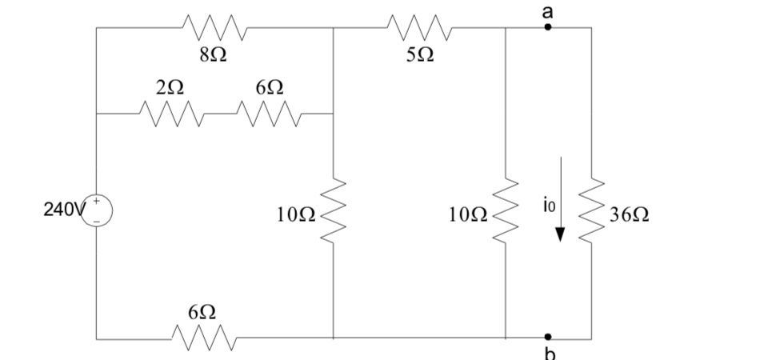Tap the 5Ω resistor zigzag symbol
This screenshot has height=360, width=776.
click(x=420, y=28)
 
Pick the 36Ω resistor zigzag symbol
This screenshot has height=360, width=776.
click(x=592, y=213)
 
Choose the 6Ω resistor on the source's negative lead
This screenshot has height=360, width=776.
click(x=202, y=338)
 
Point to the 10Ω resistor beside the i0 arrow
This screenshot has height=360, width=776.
click(x=506, y=213)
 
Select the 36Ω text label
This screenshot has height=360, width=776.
click(x=629, y=214)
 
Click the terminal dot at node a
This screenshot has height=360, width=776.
click(x=548, y=27)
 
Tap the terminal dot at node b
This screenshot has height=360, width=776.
click(x=548, y=338)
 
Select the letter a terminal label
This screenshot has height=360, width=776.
click(x=548, y=10)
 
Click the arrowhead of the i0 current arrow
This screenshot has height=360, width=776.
click(x=560, y=234)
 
